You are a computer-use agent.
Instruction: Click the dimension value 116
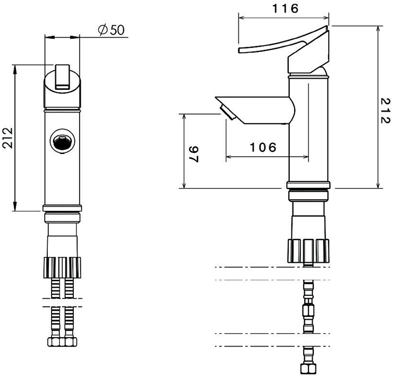coord(285,8)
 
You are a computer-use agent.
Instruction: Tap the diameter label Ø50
coord(111,30)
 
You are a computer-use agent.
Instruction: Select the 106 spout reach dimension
coord(263,147)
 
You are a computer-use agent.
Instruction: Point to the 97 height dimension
coord(194,154)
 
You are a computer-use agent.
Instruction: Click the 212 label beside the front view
coord(7,138)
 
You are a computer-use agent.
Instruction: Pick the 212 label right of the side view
coord(385,111)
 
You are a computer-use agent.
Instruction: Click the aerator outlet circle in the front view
coord(62,141)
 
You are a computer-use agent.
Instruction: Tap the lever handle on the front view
coord(62,77)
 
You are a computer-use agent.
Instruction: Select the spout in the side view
coord(255,110)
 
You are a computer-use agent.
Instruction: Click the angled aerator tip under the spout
coord(227,113)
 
